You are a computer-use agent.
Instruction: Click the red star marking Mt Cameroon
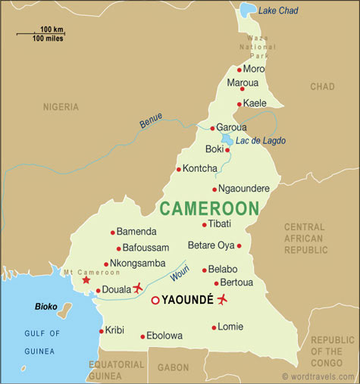click(x=86, y=279)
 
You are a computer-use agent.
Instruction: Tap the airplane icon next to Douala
click(x=138, y=288)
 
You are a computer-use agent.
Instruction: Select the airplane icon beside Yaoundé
click(x=222, y=299)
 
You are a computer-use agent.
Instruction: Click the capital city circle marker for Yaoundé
click(x=155, y=301)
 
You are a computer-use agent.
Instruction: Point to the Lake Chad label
click(x=278, y=10)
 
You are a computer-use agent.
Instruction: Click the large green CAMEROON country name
click(x=208, y=208)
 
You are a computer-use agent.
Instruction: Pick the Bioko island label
click(x=47, y=307)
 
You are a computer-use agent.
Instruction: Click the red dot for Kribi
click(x=101, y=331)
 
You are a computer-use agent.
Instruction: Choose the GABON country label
click(x=174, y=367)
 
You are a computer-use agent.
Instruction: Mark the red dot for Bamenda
click(x=113, y=232)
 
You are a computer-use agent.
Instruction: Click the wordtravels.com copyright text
click(x=318, y=376)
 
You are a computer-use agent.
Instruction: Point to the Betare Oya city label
click(x=211, y=245)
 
